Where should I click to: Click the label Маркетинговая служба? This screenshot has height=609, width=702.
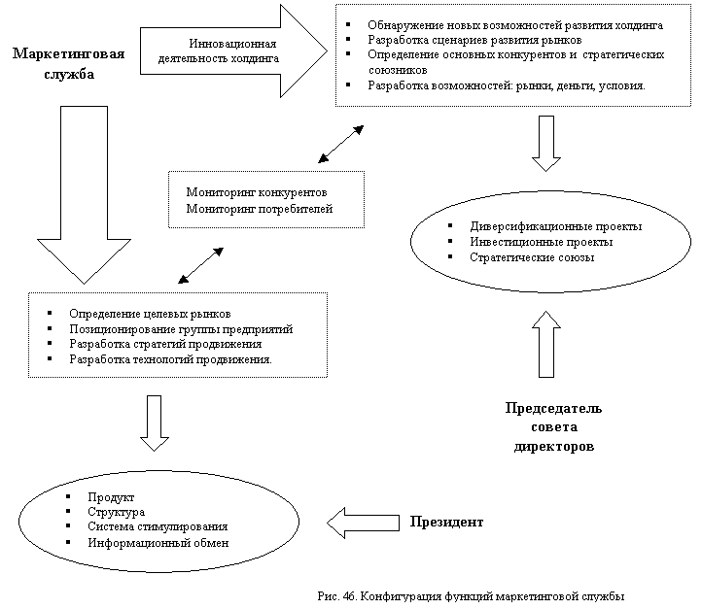pos(68,63)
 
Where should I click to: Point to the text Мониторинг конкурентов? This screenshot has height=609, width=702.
pos(256,191)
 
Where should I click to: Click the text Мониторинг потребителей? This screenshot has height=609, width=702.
pos(260,208)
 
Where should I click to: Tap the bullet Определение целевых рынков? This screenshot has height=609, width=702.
pos(150,314)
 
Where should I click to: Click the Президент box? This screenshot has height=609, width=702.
pos(461,523)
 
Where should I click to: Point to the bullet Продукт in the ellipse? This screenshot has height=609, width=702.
pos(110,496)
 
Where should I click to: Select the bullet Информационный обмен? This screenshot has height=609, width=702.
pos(158,543)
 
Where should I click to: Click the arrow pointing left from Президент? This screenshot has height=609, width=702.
pos(363,523)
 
